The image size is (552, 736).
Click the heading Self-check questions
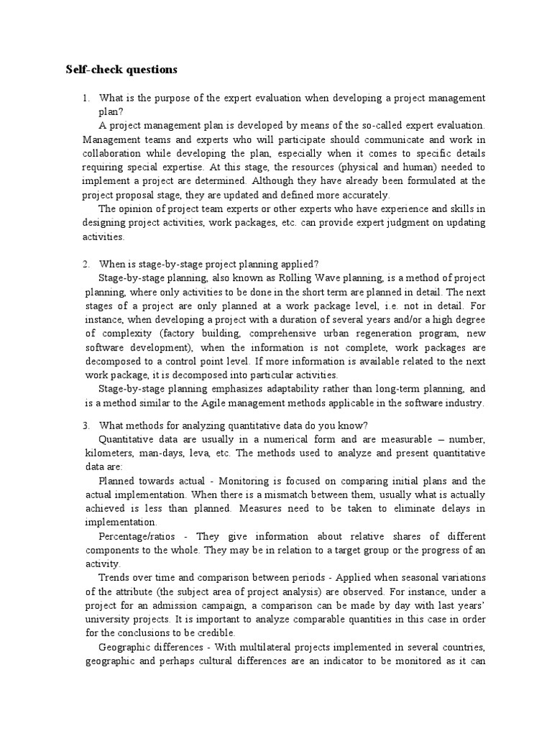(121, 70)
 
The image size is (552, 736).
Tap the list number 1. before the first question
(86, 98)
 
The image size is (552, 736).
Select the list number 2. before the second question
(86, 264)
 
